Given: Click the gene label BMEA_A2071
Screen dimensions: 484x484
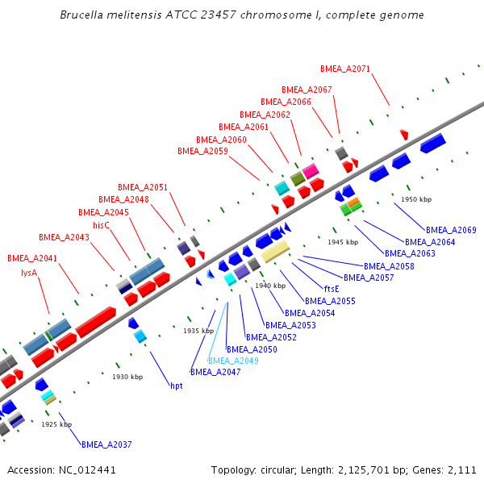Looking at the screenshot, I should click(345, 69).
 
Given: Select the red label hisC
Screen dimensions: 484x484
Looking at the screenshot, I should click(101, 225).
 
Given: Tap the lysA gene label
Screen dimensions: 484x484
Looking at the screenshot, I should click(29, 273).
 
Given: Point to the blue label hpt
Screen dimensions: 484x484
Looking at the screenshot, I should click(176, 386).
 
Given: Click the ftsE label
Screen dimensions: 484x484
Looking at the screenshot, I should click(332, 289).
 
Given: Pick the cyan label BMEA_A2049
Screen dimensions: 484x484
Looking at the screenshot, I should click(233, 361).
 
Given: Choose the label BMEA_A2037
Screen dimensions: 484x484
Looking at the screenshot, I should click(106, 444).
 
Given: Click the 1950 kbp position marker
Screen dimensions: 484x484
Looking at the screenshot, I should click(416, 199).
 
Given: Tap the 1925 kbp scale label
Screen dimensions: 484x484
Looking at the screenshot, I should click(56, 424).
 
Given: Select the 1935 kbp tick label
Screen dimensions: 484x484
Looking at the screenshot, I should click(198, 331).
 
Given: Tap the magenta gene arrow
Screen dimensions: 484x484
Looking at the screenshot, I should click(311, 170).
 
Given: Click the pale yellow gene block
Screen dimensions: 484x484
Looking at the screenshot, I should click(275, 251).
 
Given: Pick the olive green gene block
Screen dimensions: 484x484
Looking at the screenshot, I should click(298, 178).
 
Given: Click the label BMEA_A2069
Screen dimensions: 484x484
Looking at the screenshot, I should click(451, 230).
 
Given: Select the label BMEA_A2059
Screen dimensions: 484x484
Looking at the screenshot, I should click(202, 151).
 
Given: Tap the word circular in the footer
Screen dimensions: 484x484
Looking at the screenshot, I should click(279, 469).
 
